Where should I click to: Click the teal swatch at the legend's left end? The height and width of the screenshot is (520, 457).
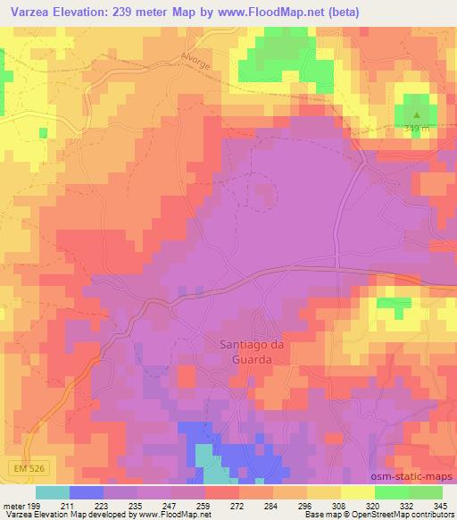point(52,493)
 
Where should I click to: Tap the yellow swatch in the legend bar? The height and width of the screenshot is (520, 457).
point(357,493)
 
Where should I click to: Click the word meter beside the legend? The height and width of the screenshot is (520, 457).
point(12,506)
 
